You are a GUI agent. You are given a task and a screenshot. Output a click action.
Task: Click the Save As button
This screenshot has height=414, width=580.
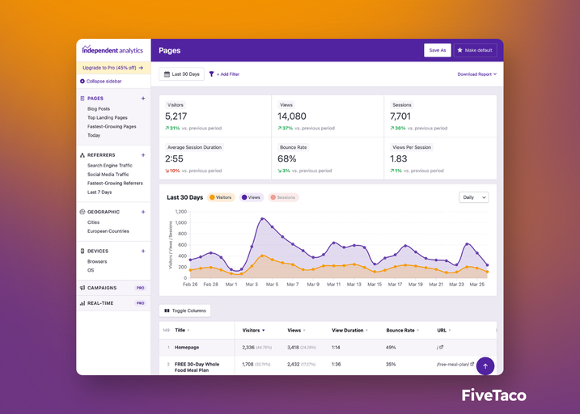coord(437,50)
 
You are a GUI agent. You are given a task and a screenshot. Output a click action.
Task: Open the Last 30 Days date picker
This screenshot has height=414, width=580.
coord(181,74)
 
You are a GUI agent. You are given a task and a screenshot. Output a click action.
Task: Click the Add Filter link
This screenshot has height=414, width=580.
coord(225,74)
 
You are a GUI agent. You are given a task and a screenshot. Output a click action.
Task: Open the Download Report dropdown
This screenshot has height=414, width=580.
coord(476,74)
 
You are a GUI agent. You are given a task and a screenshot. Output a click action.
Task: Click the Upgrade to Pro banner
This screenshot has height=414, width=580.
coord(112,68)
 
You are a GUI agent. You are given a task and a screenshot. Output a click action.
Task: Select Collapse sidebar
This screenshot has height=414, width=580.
coord(101,82)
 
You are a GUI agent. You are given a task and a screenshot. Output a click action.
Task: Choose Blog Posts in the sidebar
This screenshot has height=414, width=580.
coord(99,108)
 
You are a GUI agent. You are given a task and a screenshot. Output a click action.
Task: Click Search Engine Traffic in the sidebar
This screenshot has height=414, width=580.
coord(109,165)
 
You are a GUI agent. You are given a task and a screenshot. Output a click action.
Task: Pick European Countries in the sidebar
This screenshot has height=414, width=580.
coord(108,231)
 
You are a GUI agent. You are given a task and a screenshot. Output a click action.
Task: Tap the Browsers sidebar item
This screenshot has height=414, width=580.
coord(97,261)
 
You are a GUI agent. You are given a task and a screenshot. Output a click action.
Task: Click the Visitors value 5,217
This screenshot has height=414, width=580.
coord(176,116)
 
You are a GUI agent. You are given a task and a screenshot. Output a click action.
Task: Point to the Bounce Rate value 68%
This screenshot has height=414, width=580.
coord(287,158)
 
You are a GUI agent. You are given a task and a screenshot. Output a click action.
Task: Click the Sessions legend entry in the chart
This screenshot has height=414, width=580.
coord(283,197)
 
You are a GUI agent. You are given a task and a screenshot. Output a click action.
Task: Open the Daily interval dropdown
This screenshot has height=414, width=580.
coord(473,197)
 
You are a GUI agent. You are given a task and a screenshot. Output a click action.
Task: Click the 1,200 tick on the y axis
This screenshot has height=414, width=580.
coord(180,212)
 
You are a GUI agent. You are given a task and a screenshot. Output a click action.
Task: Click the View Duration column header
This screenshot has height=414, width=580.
coord(349,330)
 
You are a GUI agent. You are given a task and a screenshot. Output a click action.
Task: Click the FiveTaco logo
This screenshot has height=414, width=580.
coord(493,395)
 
